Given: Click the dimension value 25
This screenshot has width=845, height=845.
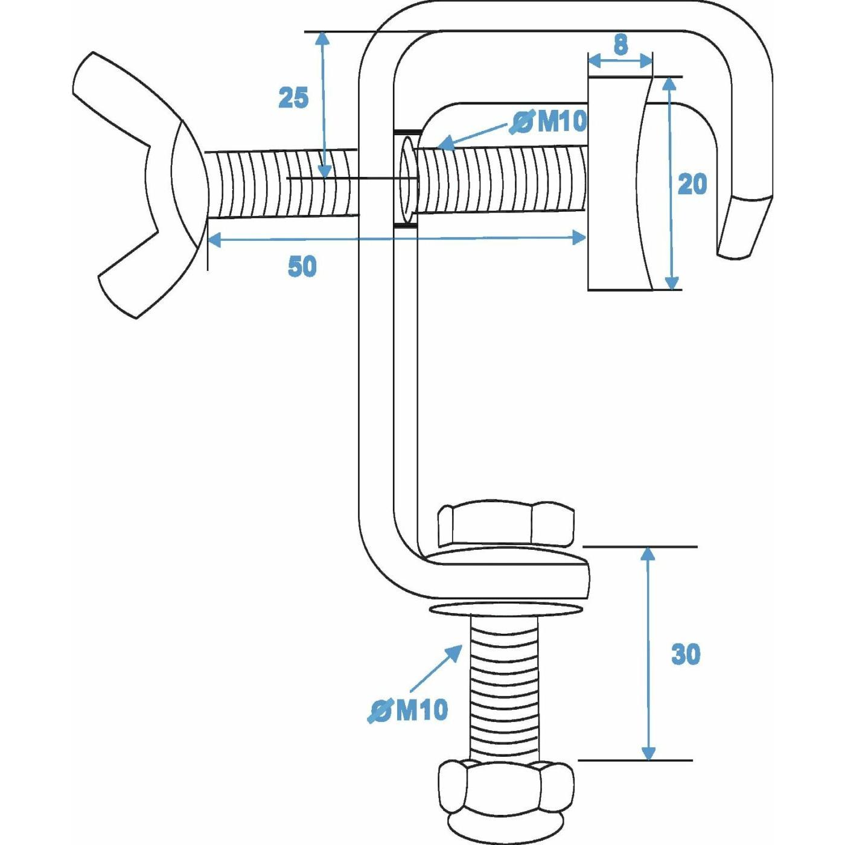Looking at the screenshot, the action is (x=293, y=97).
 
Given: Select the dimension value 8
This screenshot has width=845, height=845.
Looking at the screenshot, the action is (x=620, y=44).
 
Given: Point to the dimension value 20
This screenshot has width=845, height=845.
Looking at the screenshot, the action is (x=692, y=183).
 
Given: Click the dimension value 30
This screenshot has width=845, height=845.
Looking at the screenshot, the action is (x=686, y=655).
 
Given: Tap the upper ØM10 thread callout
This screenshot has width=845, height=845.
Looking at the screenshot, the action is (x=547, y=121).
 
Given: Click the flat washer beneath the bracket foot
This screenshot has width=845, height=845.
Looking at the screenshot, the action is (x=506, y=608).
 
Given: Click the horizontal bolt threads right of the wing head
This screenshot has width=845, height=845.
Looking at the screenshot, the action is (x=283, y=183).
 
